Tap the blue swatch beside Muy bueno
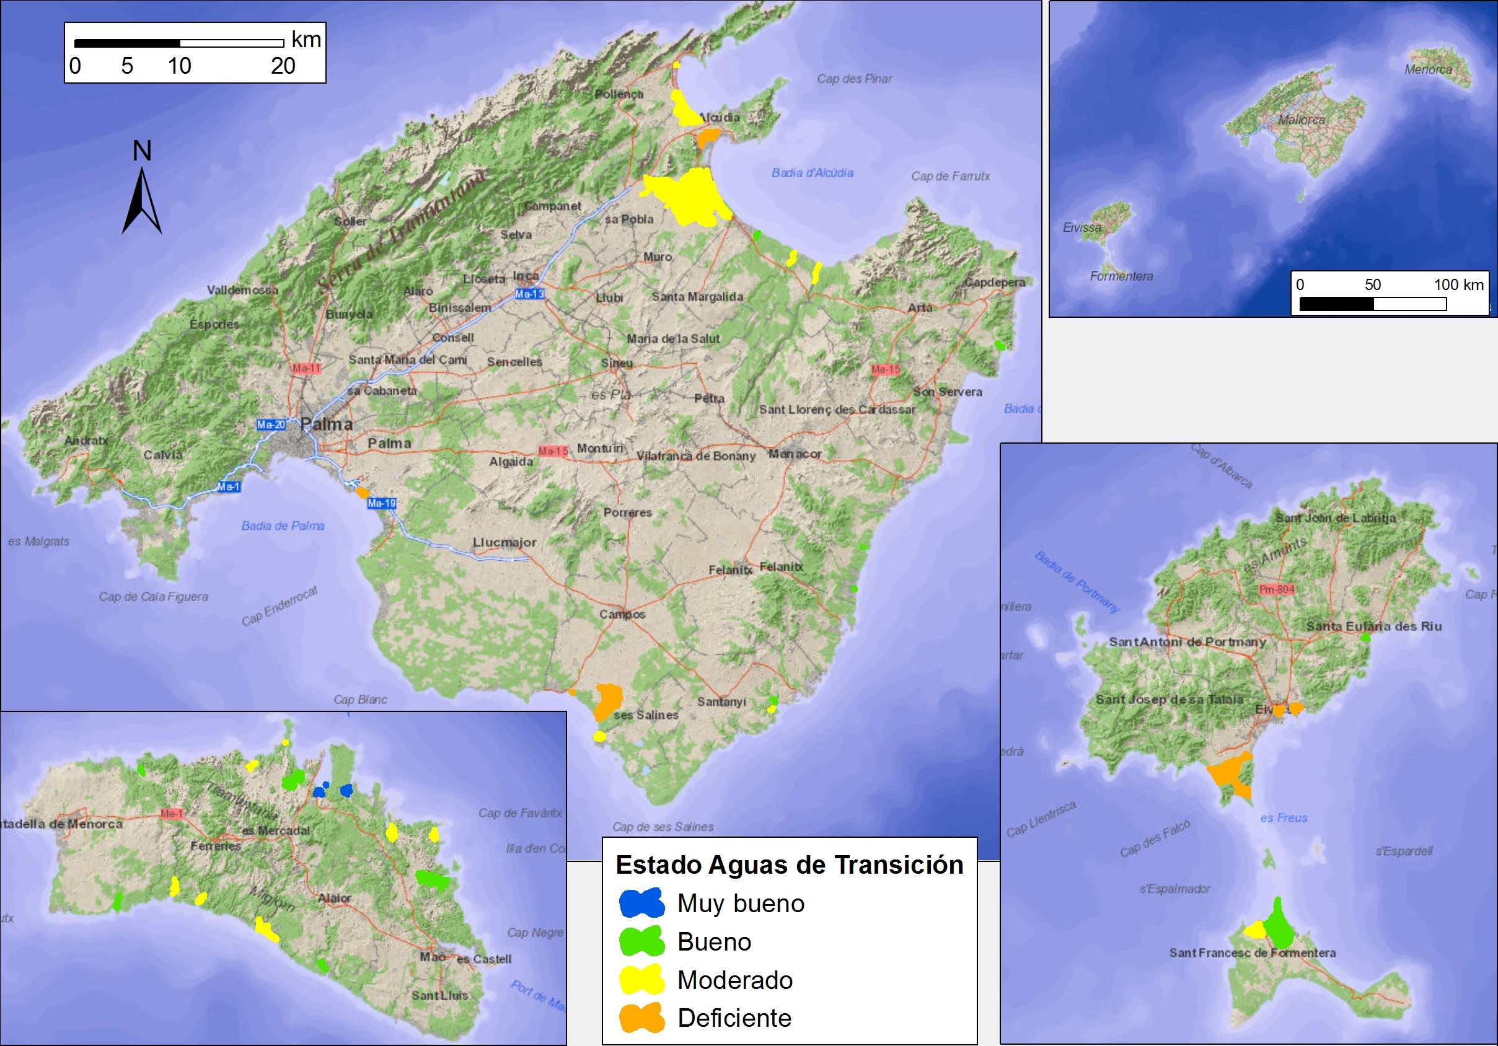(641, 903)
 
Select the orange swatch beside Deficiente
(641, 1018)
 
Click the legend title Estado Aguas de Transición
(789, 864)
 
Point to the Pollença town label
(619, 94)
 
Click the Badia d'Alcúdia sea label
(813, 173)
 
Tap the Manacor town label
(795, 454)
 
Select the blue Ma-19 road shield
(382, 503)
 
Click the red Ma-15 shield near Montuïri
(553, 451)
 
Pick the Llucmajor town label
(504, 542)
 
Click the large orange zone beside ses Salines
(609, 700)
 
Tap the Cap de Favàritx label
(520, 813)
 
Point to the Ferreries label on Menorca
(216, 846)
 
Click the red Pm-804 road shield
(1276, 589)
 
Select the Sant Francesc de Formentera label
(1252, 952)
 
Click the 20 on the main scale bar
(283, 66)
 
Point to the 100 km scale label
(1458, 284)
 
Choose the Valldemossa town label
(242, 290)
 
